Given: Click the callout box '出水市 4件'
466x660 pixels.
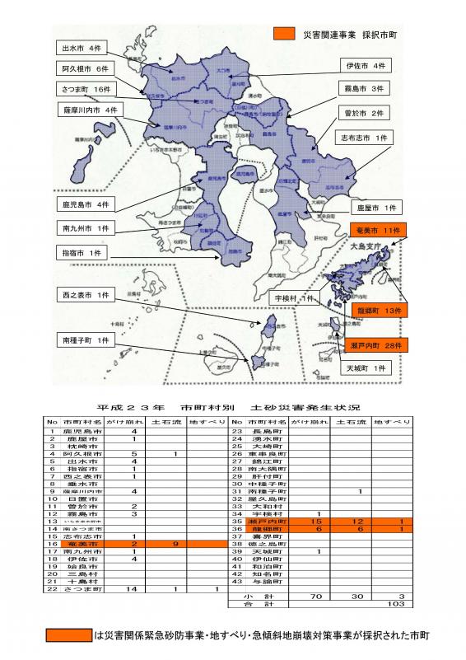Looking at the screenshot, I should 82,48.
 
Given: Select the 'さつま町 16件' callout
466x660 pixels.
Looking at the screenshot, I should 84,89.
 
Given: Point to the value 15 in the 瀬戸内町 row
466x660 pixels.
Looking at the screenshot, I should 316,522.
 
